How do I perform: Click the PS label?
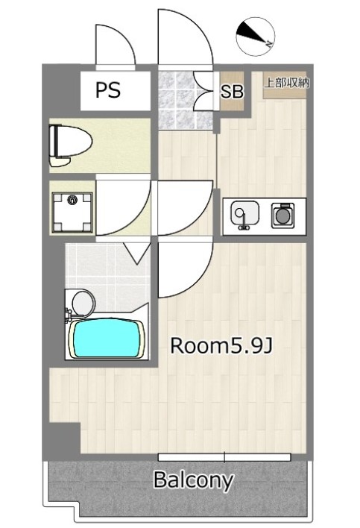click(108, 90)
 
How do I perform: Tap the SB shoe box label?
click(232, 91)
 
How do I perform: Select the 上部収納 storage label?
click(286, 83)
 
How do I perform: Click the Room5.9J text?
click(221, 346)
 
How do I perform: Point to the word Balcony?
click(194, 480)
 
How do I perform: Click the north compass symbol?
click(256, 37)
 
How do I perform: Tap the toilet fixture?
click(70, 145)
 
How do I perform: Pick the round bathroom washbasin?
click(84, 302)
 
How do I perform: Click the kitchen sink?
click(244, 216)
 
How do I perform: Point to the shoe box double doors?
click(204, 91)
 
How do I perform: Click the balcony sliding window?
click(224, 457)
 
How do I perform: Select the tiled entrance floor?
click(186, 100)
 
